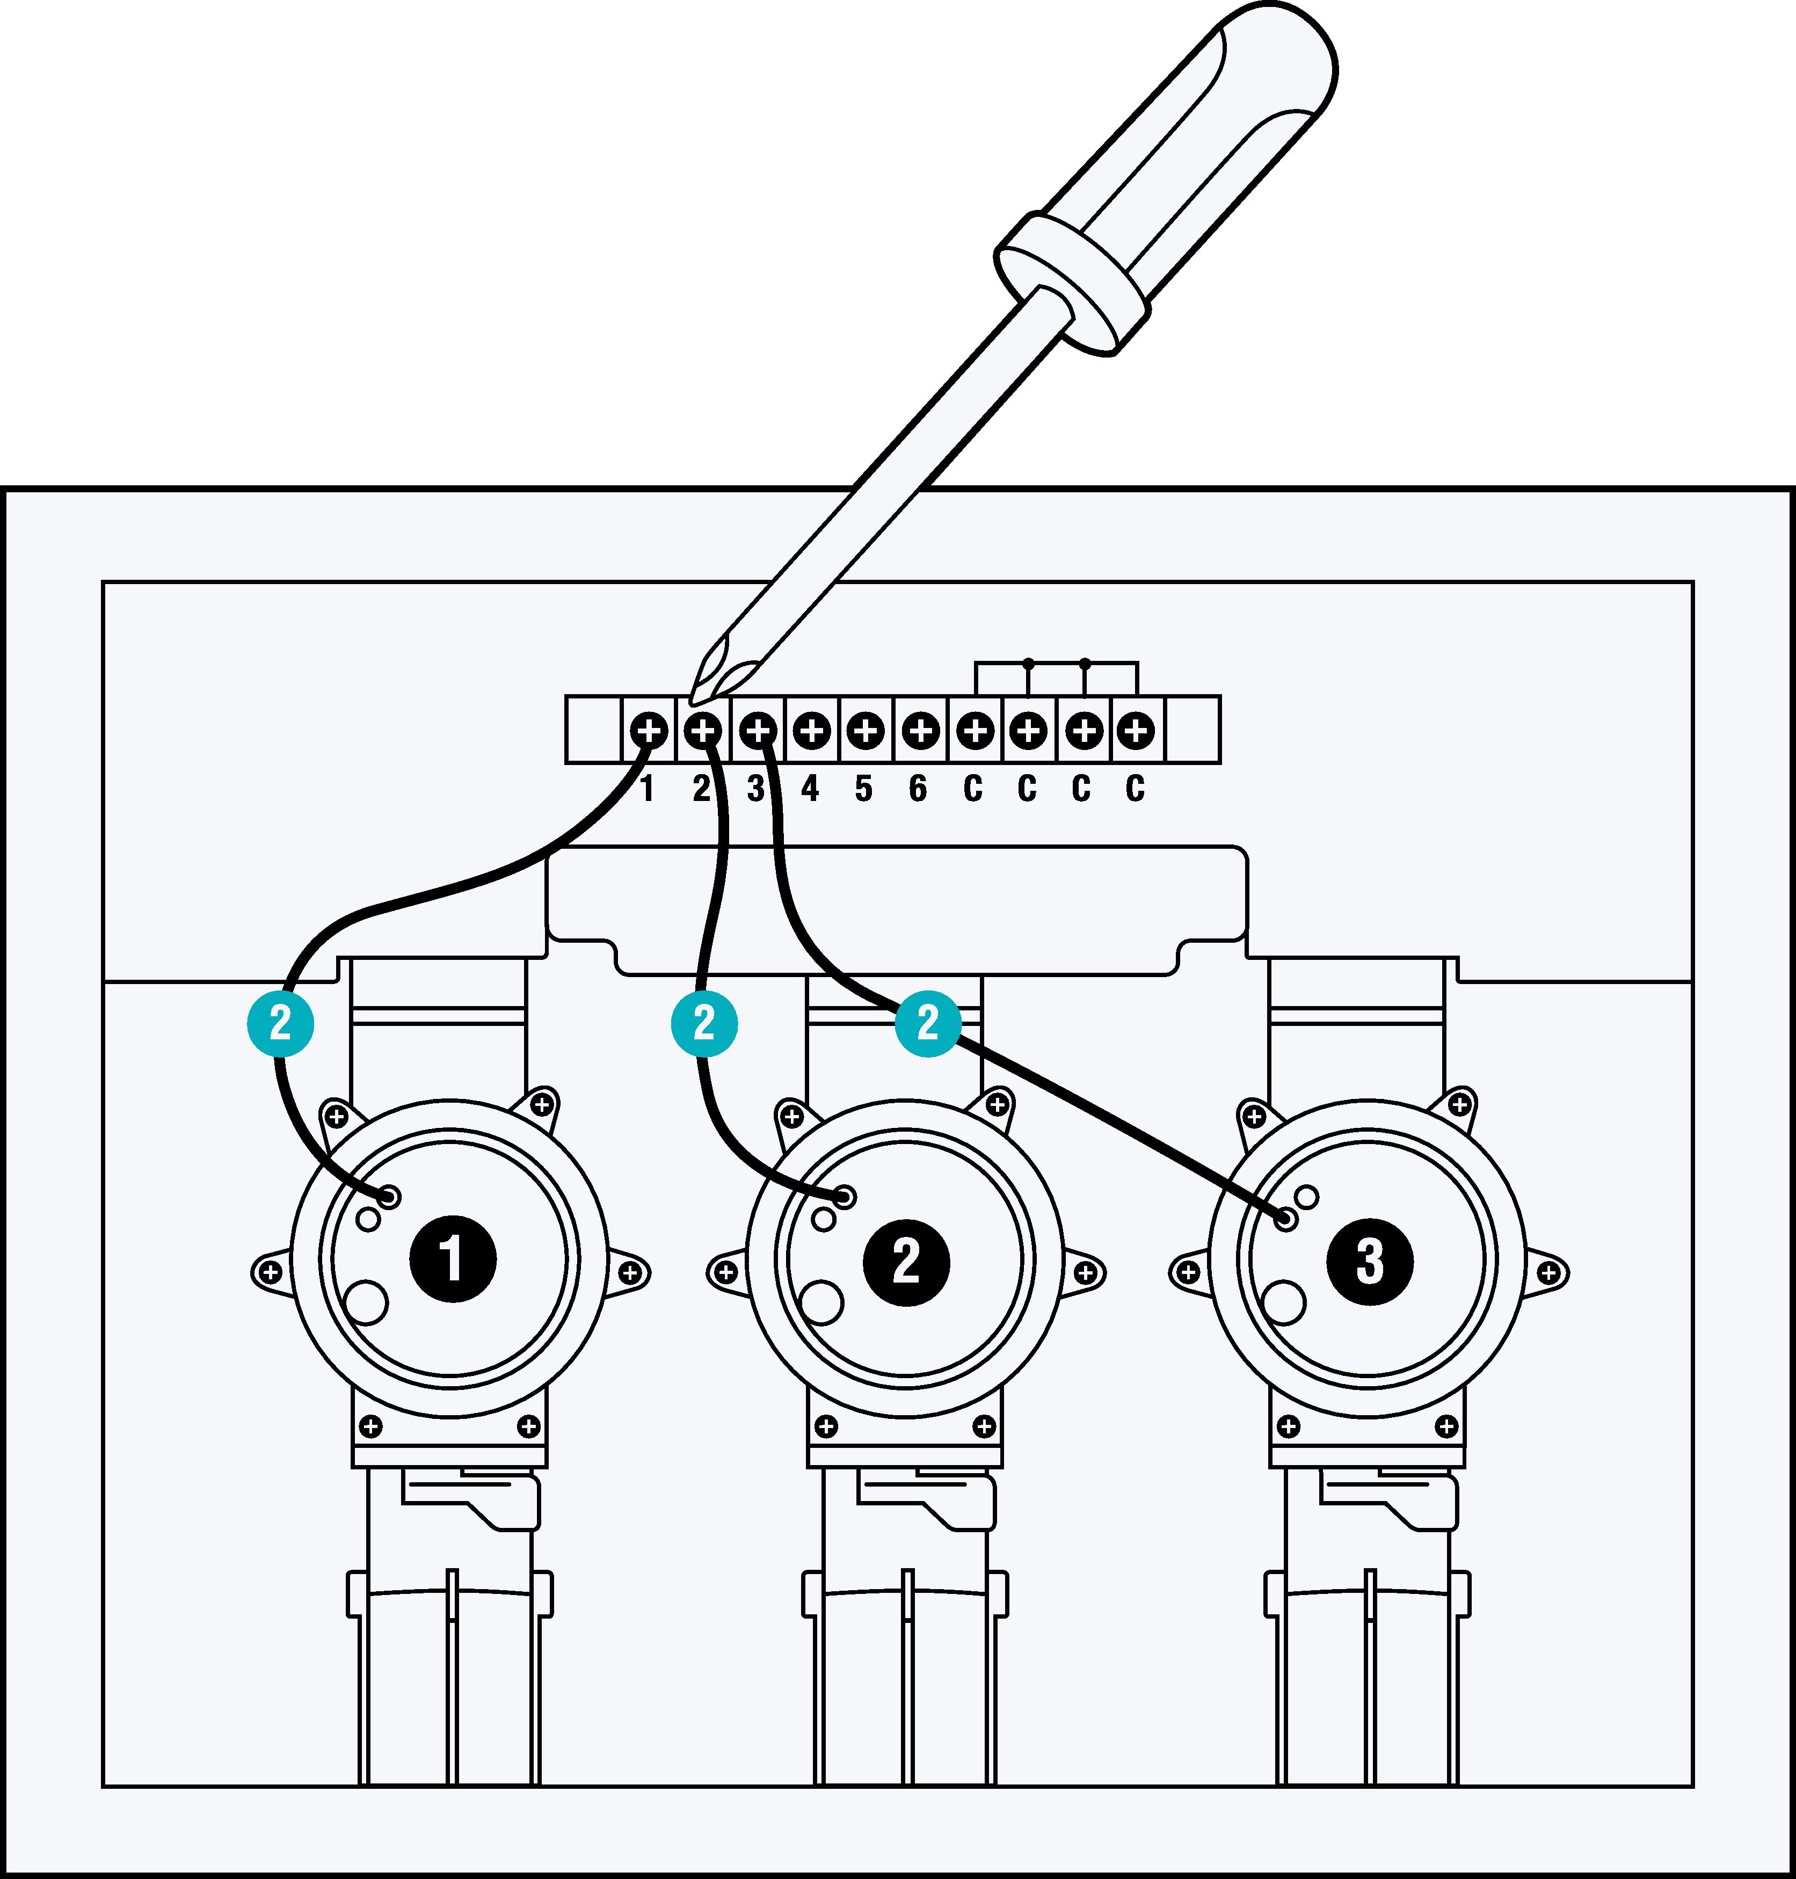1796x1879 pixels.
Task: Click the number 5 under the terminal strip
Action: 863,789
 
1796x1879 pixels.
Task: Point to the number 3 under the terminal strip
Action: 755,789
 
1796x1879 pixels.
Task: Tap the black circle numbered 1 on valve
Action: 452,1259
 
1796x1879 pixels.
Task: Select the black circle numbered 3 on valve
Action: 1369,1259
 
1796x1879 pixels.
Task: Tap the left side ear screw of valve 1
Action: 271,1273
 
